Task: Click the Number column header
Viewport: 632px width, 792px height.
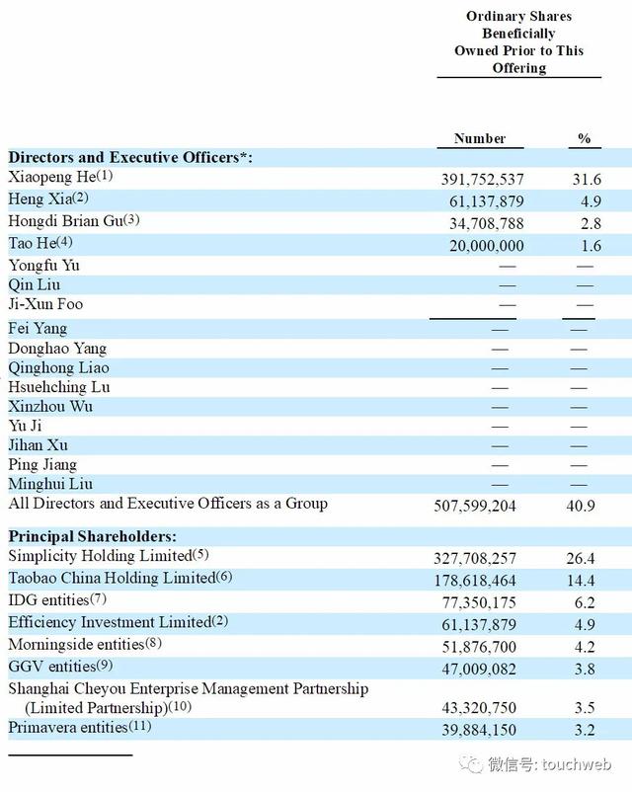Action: click(x=480, y=138)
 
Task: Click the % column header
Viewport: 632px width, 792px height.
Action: click(x=585, y=138)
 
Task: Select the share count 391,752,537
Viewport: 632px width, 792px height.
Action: click(x=482, y=180)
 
